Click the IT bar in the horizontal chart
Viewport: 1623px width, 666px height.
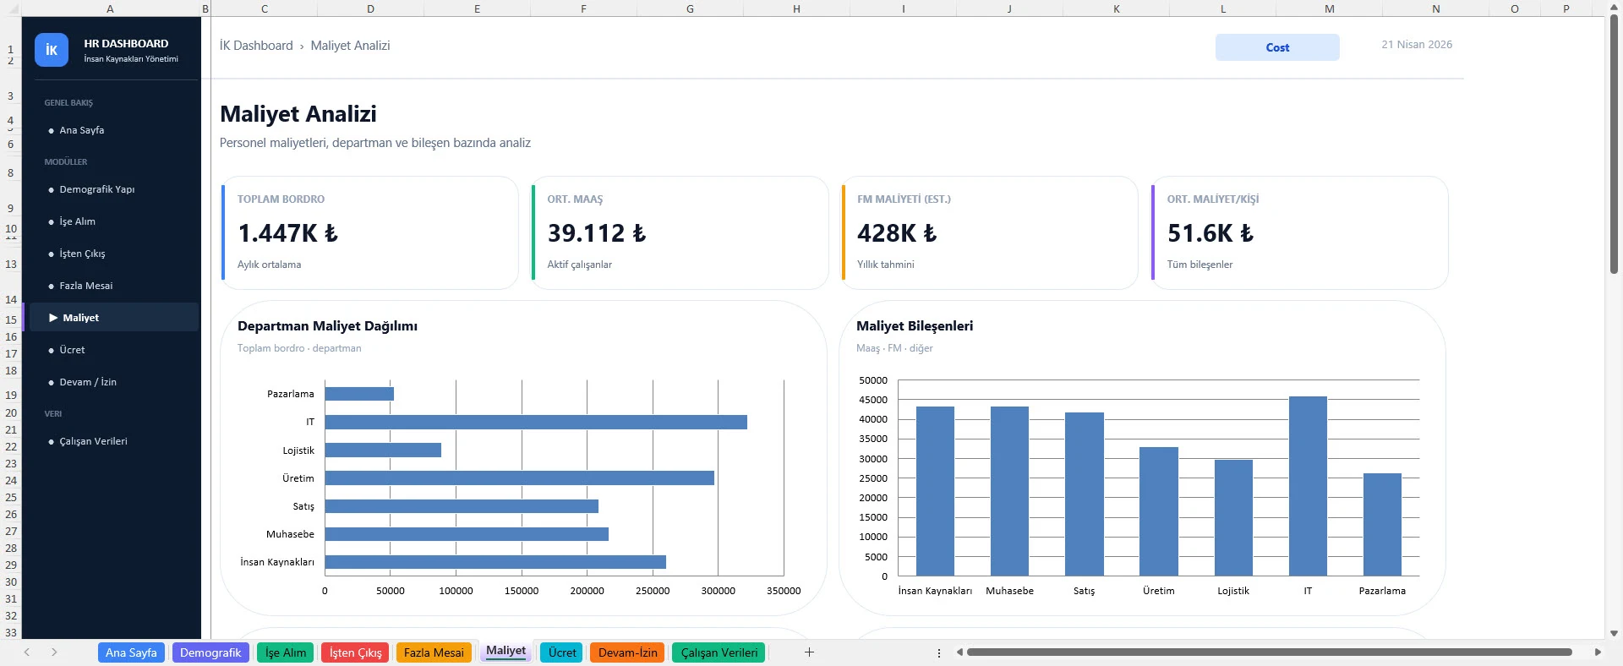coord(535,422)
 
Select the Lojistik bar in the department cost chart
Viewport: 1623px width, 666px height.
coord(382,450)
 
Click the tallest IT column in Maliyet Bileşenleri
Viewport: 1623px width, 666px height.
coord(1307,486)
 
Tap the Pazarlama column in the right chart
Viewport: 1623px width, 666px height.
coord(1381,524)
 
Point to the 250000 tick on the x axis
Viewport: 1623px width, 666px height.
coord(652,591)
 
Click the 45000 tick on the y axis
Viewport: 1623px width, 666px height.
coord(872,400)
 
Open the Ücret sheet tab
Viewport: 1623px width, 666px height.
coord(561,652)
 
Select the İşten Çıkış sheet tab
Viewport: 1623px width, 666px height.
coord(355,652)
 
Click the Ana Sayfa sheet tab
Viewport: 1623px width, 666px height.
coord(131,652)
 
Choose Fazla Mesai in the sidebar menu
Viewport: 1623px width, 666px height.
coord(85,286)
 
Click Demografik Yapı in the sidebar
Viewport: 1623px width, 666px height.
coord(96,189)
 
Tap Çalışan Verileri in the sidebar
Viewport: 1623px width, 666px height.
coord(93,441)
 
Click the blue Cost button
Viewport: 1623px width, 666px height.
coord(1276,47)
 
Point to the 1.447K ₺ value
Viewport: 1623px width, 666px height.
coord(287,233)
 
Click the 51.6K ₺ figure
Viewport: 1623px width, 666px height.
coord(1210,233)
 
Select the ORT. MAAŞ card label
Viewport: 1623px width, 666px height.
coord(574,199)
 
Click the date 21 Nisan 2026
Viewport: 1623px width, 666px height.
coord(1416,45)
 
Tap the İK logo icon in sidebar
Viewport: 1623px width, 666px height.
coord(51,50)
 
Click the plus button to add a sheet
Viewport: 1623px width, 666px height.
coord(808,652)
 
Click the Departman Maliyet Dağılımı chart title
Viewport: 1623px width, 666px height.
coord(327,326)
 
